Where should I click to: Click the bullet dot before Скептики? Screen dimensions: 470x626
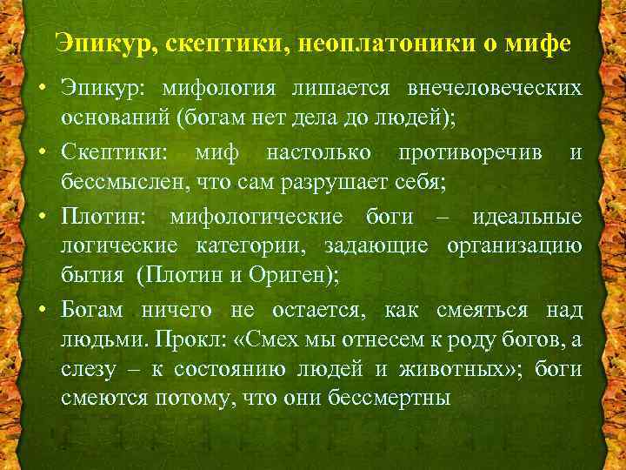click(43, 155)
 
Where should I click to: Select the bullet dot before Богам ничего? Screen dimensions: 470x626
click(43, 310)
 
